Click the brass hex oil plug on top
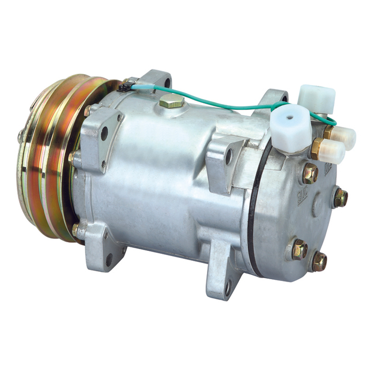(172, 102)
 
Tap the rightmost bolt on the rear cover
(341, 198)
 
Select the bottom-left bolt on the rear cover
(299, 249)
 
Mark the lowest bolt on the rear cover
(319, 261)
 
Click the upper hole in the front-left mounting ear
(105, 134)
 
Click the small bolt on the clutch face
(21, 136)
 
